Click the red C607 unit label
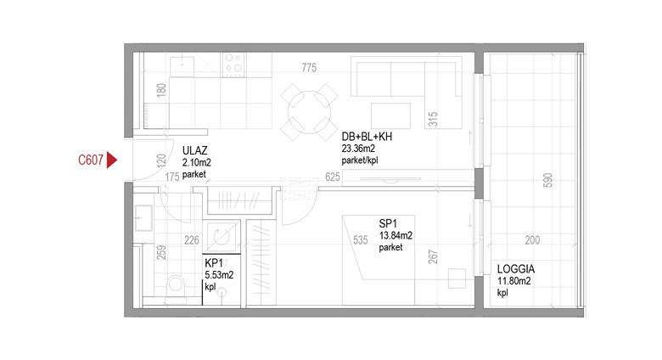point(91,160)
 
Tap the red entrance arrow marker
point(111,160)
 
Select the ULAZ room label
point(194,151)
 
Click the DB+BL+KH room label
point(367,137)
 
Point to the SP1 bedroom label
point(388,224)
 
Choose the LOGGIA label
point(515,269)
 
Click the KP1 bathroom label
point(214,263)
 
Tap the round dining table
point(310,112)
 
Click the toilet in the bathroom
point(175,286)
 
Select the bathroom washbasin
point(143,218)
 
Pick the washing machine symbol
point(222,237)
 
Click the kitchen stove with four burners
point(233,65)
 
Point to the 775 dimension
point(309,68)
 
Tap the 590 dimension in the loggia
point(547,180)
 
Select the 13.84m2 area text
point(396,236)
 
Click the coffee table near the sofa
point(391,115)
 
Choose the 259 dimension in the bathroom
point(161,253)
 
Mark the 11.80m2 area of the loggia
point(513,281)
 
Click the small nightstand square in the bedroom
point(457,278)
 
